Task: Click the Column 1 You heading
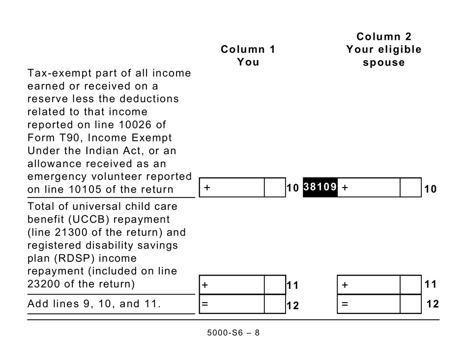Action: [x=248, y=55]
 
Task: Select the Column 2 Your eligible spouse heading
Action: [x=383, y=50]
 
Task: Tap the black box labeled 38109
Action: [x=320, y=187]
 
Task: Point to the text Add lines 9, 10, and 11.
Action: [x=94, y=304]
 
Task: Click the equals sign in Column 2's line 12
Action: [x=345, y=304]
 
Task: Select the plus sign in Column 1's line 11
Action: [x=205, y=285]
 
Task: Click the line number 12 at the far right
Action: [x=432, y=304]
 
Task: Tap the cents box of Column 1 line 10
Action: [x=275, y=188]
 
